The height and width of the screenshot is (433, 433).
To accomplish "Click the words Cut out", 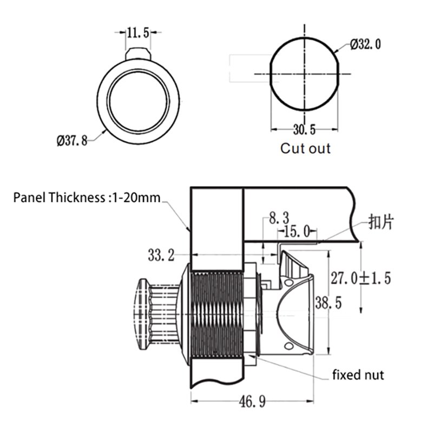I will [305, 148].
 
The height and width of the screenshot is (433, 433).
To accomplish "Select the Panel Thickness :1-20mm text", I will [87, 198].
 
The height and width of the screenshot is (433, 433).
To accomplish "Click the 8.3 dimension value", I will [277, 219].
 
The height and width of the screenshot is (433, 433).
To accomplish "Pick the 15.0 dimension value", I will [296, 232].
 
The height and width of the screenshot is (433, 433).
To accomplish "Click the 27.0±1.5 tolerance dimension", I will [360, 279].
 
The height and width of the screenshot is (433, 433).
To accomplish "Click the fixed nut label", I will [358, 375].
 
